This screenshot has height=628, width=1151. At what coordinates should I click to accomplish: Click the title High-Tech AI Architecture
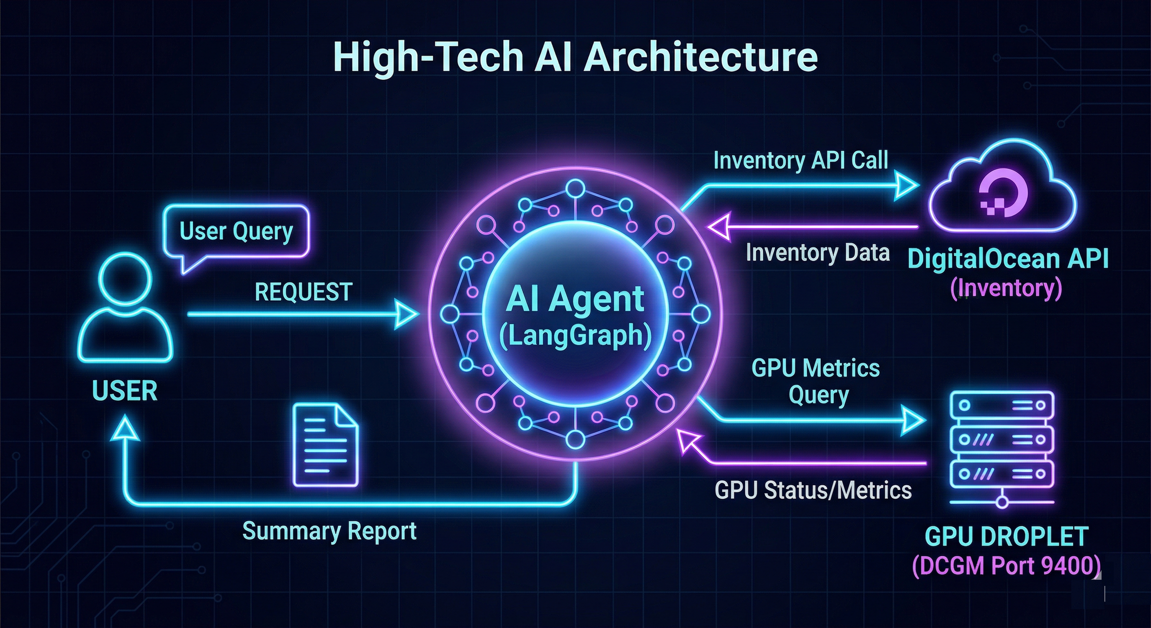coord(575,57)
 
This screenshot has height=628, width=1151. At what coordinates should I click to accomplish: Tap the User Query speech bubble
coord(236,231)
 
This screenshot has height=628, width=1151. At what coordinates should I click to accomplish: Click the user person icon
coord(125,308)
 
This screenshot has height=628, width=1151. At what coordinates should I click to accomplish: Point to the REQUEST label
coord(303,292)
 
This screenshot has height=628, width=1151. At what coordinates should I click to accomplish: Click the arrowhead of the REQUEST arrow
coord(407,315)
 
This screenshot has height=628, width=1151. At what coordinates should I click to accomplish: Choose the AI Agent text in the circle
coord(575,299)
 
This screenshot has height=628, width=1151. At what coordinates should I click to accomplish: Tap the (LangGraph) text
coord(575,335)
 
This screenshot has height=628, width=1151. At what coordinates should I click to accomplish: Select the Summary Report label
coord(329,531)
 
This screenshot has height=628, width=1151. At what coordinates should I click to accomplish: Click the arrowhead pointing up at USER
coord(125,429)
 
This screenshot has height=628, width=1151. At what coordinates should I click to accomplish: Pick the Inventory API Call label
coord(800,160)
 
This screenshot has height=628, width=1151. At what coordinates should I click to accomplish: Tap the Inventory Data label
coord(817,253)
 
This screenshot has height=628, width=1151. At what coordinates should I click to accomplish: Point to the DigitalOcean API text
coord(1008,259)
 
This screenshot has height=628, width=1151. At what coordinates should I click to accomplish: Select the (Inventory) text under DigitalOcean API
coord(1006,288)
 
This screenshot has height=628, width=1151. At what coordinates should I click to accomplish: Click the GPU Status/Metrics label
coord(813,490)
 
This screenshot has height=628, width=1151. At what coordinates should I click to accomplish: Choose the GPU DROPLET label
coord(1006,536)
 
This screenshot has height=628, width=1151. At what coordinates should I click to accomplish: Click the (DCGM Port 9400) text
coord(1006,566)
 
